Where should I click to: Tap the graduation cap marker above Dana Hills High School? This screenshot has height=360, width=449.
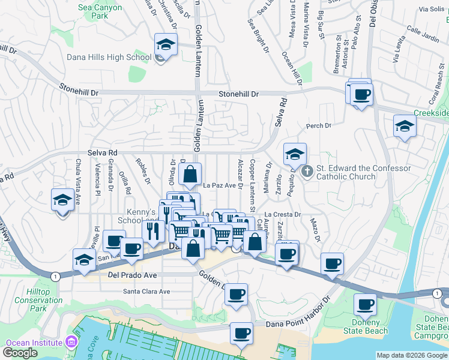(x=166, y=44)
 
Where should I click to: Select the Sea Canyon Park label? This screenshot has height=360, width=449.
(x=100, y=8)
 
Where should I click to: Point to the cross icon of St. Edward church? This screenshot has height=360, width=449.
(x=307, y=172)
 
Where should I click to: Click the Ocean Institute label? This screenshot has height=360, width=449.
(x=34, y=343)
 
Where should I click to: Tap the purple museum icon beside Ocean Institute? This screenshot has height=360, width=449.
(x=71, y=343)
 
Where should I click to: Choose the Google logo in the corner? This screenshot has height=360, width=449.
(x=20, y=353)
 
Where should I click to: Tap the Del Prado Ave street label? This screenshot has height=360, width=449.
(x=132, y=275)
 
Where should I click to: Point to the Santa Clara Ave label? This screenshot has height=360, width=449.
(x=147, y=292)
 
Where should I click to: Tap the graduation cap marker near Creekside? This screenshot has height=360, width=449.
(x=405, y=126)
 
